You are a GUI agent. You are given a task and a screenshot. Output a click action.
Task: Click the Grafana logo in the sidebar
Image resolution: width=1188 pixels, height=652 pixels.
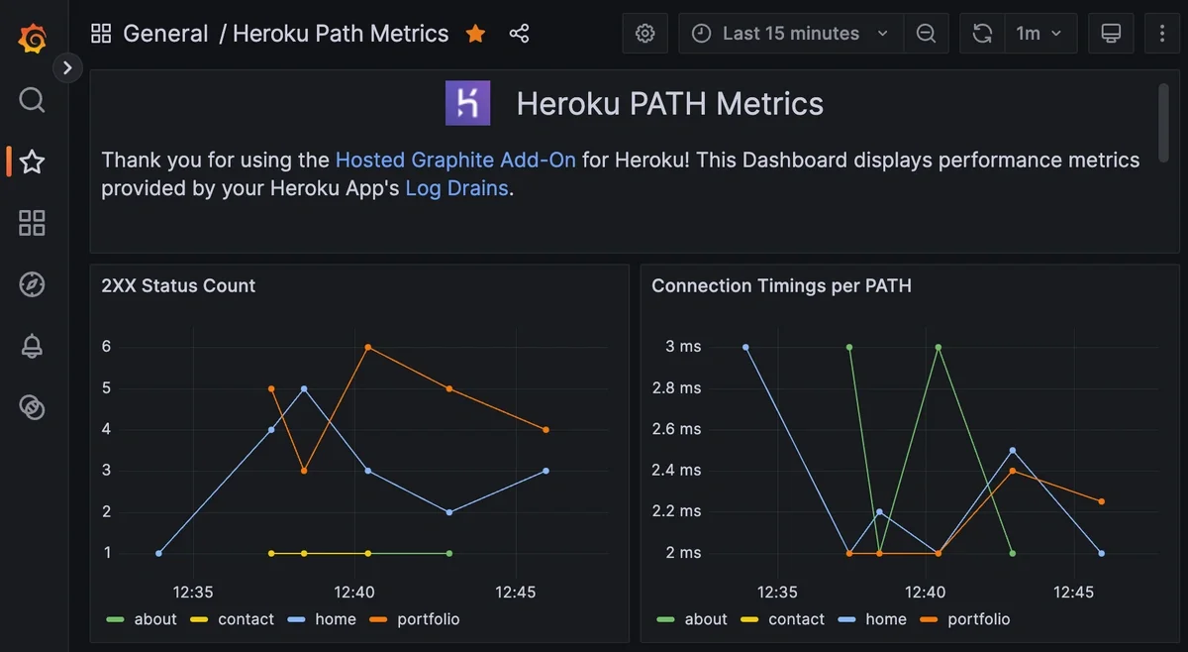pyautogui.click(x=33, y=39)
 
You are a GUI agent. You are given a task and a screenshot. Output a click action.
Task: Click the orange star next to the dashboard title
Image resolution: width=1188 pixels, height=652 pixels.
pyautogui.click(x=475, y=34)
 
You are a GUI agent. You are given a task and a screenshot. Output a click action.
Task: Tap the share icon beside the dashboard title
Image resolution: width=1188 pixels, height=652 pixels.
pyautogui.click(x=519, y=34)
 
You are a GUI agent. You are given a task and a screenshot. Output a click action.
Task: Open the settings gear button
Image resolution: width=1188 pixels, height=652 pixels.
pyautogui.click(x=644, y=34)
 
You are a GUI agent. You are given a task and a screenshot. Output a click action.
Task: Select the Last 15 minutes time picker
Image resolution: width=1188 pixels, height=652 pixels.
pyautogui.click(x=790, y=34)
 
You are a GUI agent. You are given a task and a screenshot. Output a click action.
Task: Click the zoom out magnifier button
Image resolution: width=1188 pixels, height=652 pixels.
pyautogui.click(x=926, y=34)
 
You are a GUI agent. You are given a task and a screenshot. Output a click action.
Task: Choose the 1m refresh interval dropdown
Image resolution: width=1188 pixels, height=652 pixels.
pyautogui.click(x=1039, y=34)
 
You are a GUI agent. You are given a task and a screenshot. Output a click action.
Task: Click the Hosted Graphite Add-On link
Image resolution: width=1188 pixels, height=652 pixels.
pyautogui.click(x=455, y=160)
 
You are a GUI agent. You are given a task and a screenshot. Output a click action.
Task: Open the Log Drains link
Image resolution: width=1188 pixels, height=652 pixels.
pyautogui.click(x=456, y=188)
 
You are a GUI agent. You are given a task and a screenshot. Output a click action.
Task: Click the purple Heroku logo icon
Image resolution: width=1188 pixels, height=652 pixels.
pyautogui.click(x=467, y=103)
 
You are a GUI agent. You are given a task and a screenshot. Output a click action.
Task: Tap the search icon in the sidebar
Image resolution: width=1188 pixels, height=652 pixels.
pyautogui.click(x=33, y=100)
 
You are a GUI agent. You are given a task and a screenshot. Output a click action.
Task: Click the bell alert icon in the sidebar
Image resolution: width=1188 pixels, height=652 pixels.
pyautogui.click(x=33, y=346)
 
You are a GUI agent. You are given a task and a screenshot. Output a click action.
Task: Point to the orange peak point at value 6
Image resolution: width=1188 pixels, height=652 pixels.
pyautogui.click(x=367, y=347)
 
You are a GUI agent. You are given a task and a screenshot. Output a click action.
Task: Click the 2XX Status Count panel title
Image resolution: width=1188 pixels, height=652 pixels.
pyautogui.click(x=178, y=285)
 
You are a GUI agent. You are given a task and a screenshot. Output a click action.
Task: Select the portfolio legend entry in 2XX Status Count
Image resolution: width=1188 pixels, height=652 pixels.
pyautogui.click(x=416, y=619)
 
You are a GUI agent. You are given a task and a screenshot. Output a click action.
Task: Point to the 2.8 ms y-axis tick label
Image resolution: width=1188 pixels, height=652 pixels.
pyautogui.click(x=676, y=388)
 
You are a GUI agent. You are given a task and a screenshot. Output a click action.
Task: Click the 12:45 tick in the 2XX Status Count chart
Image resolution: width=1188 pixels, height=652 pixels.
pyautogui.click(x=515, y=593)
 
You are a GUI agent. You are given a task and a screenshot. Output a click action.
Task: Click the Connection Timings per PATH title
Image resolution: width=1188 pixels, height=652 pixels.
pyautogui.click(x=781, y=285)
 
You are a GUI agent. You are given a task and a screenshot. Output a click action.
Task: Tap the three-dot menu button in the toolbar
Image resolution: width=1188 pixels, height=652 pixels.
pyautogui.click(x=1162, y=34)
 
